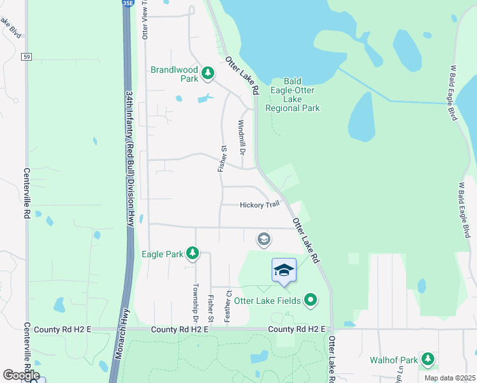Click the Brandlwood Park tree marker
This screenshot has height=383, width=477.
(207, 74)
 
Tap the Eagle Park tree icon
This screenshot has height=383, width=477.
(192, 254)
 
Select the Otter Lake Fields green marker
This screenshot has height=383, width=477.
(311, 299)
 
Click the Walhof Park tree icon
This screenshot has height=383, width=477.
(428, 360)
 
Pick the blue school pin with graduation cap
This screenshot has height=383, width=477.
(284, 271)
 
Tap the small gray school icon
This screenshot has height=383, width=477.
(263, 239)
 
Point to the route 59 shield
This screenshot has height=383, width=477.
(26, 57)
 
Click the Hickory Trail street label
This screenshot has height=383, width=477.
(260, 205)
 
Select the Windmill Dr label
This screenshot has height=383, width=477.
(242, 138)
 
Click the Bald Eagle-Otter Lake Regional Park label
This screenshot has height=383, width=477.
(293, 95)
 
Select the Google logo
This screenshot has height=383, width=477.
(20, 375)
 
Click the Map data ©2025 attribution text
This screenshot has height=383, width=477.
(450, 378)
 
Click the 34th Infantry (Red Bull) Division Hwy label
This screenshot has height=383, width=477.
(129, 157)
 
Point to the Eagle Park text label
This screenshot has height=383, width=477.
(162, 254)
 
